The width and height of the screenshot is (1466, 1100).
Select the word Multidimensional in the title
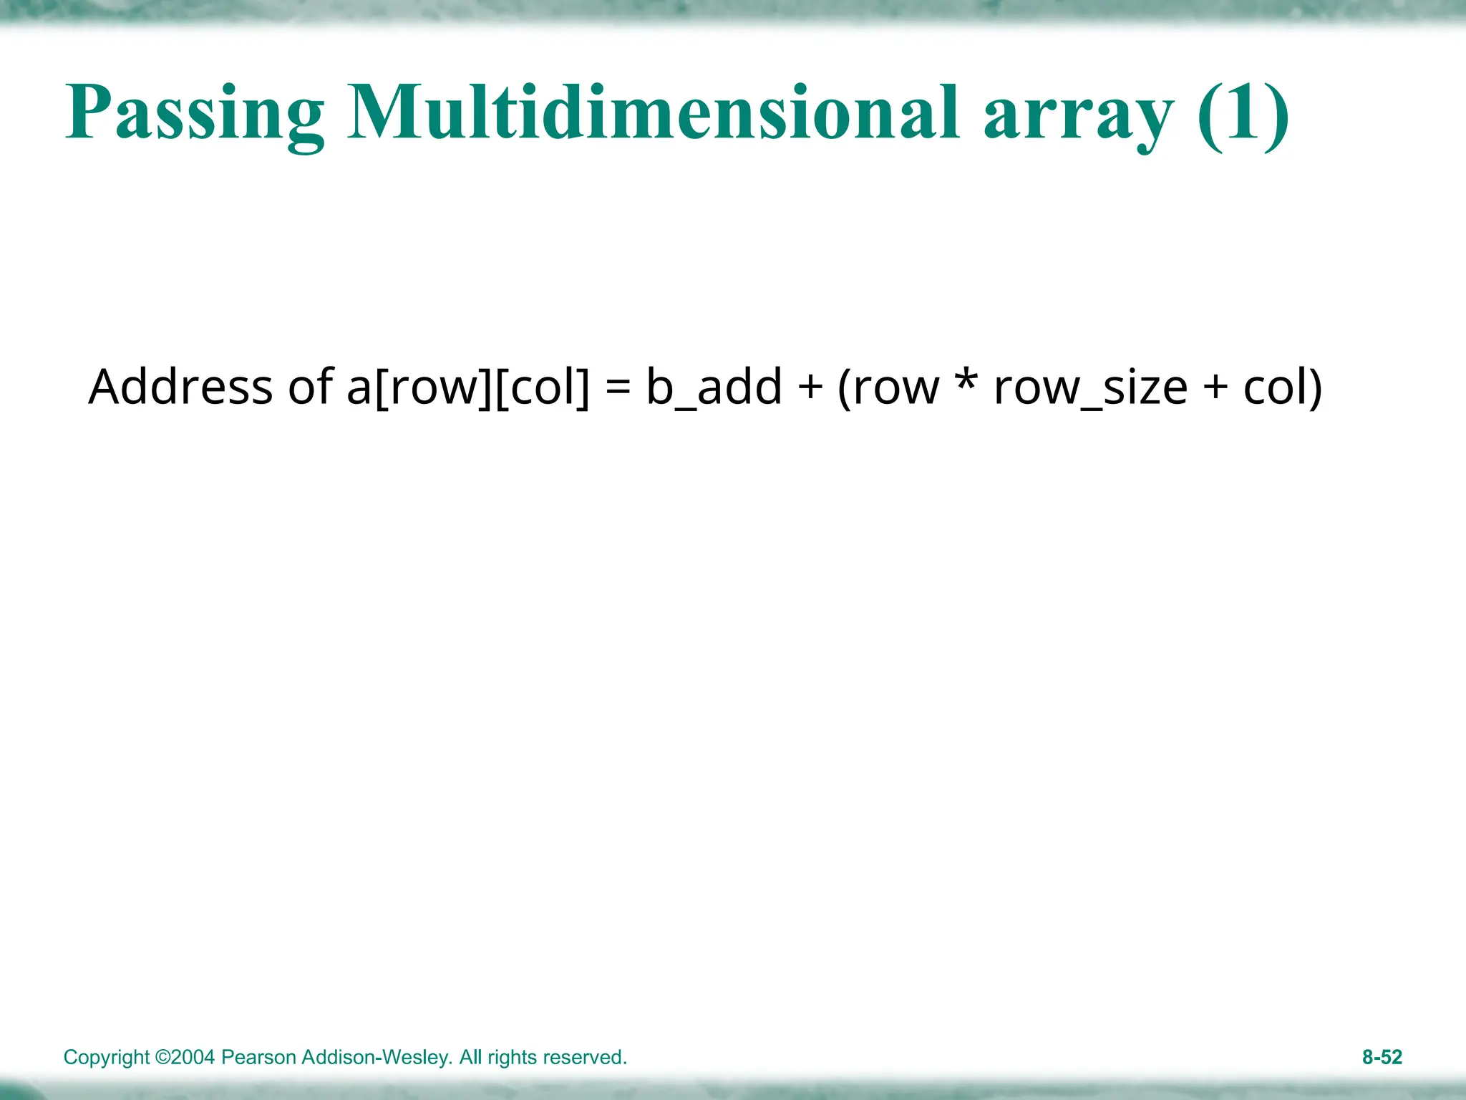click(x=653, y=113)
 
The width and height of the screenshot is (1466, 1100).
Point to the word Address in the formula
click(x=180, y=387)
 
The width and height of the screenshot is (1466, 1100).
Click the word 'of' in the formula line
click(x=311, y=387)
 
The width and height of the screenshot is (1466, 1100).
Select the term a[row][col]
click(x=469, y=388)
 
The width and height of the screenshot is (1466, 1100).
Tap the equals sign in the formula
click(x=618, y=388)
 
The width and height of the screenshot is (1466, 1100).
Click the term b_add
click(x=714, y=388)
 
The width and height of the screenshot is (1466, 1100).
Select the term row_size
click(x=1091, y=388)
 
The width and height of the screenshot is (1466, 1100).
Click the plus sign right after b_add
click(x=810, y=388)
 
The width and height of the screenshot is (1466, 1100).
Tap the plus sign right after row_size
click(x=1215, y=388)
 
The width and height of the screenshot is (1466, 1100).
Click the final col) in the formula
click(x=1283, y=388)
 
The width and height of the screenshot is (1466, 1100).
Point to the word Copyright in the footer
click(x=107, y=1058)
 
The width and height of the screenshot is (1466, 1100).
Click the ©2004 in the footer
click(x=185, y=1058)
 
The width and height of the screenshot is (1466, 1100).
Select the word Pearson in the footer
click(x=259, y=1058)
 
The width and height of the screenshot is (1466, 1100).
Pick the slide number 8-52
click(x=1382, y=1058)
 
